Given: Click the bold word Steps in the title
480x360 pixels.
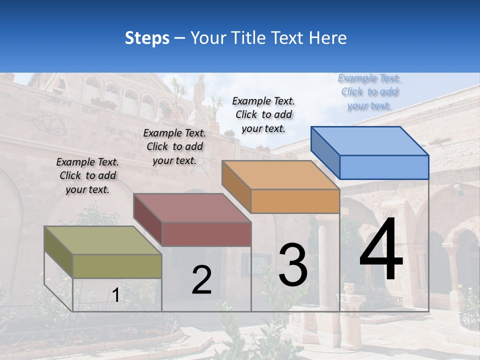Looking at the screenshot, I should point(147,38).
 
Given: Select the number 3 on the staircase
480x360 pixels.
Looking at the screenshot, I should point(292,265).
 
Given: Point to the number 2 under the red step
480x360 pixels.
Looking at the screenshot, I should point(201,280).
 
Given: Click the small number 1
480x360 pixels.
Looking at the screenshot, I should point(116,295).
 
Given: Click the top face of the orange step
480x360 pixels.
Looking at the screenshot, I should point(280,175).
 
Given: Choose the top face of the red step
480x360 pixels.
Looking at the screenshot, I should point(191,208).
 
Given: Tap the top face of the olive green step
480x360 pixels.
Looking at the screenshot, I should point(102,240).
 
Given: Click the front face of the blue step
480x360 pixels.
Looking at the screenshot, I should point(384,167).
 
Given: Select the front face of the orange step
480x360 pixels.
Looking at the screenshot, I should point(295,201).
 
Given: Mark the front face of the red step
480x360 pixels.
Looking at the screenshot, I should point(206,234).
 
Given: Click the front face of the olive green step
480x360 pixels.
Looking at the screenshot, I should point(117,266).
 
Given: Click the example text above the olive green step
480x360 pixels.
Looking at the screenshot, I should point(87,175).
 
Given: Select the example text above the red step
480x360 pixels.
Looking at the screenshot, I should point(174,146).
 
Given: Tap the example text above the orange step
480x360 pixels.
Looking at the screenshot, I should point(263,114).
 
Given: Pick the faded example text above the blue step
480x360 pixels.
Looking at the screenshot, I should point(369,91).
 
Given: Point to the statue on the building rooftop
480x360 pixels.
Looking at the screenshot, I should point(199,90).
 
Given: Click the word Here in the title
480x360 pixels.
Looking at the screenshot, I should point(327,38).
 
